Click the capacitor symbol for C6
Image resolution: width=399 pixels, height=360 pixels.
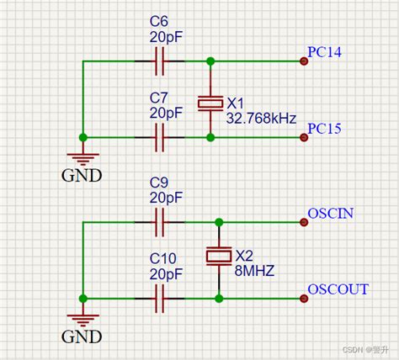pyautogui.click(x=158, y=61)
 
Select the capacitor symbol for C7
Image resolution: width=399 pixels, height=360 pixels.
pyautogui.click(x=158, y=136)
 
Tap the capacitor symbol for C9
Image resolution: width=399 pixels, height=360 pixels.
pyautogui.click(x=158, y=223)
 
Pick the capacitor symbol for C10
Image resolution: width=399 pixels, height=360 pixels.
pyautogui.click(x=158, y=298)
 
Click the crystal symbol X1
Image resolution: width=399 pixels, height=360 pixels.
pyautogui.click(x=210, y=103)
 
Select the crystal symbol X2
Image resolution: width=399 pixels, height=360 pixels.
pyautogui.click(x=219, y=257)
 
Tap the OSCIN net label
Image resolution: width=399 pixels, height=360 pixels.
pyautogui.click(x=330, y=214)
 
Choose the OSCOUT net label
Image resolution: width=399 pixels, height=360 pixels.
pyautogui.click(x=338, y=289)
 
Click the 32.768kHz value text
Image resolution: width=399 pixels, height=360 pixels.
pyautogui.click(x=260, y=119)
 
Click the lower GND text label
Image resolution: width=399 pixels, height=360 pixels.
pyautogui.click(x=82, y=336)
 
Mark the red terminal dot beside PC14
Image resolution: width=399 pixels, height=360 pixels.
pyautogui.click(x=302, y=61)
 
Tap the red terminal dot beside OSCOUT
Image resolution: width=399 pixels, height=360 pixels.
pyautogui.click(x=302, y=298)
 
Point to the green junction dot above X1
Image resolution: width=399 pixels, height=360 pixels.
pyautogui.click(x=210, y=61)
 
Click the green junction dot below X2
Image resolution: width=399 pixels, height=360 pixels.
pyautogui.click(x=219, y=298)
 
